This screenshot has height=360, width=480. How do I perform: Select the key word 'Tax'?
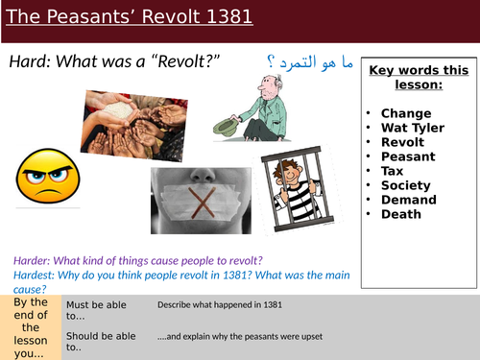(394, 170)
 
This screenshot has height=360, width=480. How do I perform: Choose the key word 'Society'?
(407, 184)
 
